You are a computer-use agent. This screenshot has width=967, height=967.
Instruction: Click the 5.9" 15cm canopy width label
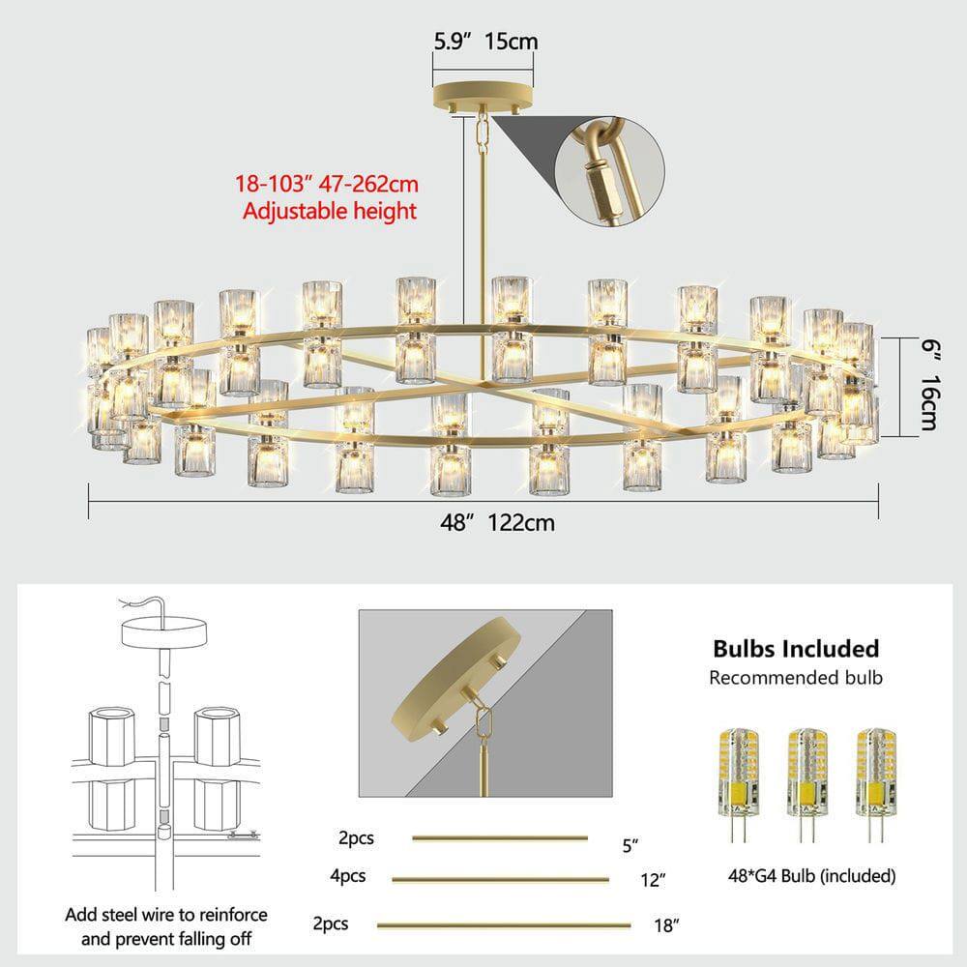(x=484, y=42)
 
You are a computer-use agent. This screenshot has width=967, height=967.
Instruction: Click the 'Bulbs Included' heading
(x=795, y=648)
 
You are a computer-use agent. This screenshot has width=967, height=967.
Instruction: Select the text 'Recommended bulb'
(x=795, y=677)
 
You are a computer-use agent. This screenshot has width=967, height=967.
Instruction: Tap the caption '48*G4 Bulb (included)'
(x=811, y=876)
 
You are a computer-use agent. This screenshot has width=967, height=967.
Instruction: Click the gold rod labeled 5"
(x=500, y=838)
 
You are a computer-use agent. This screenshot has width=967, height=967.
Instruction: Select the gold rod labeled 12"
(x=500, y=880)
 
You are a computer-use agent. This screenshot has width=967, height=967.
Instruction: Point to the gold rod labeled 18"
(x=503, y=925)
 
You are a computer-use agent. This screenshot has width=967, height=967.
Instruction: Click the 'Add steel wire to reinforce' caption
(x=166, y=915)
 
